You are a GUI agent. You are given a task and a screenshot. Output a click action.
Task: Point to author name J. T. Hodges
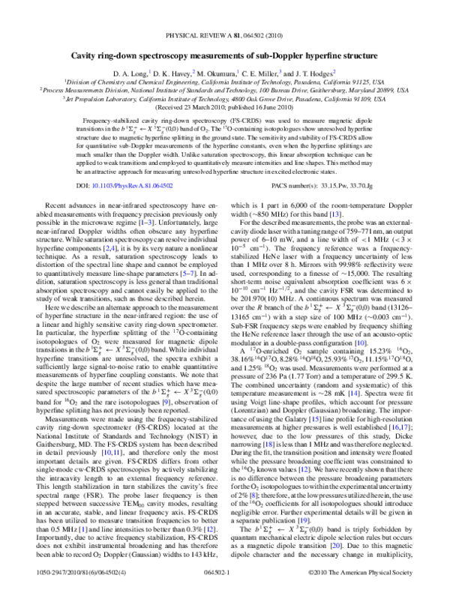[x=319, y=70]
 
